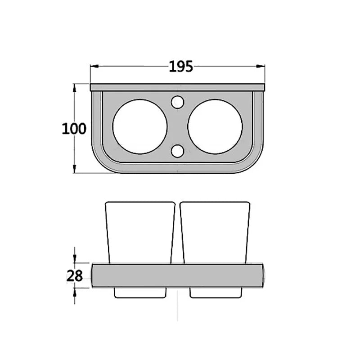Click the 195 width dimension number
[x=181, y=67]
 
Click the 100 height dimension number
[x=74, y=129]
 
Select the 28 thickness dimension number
[x=75, y=276]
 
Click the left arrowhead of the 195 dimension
[x=94, y=66]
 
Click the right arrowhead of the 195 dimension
[x=261, y=66]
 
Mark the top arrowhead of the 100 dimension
[x=74, y=88]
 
